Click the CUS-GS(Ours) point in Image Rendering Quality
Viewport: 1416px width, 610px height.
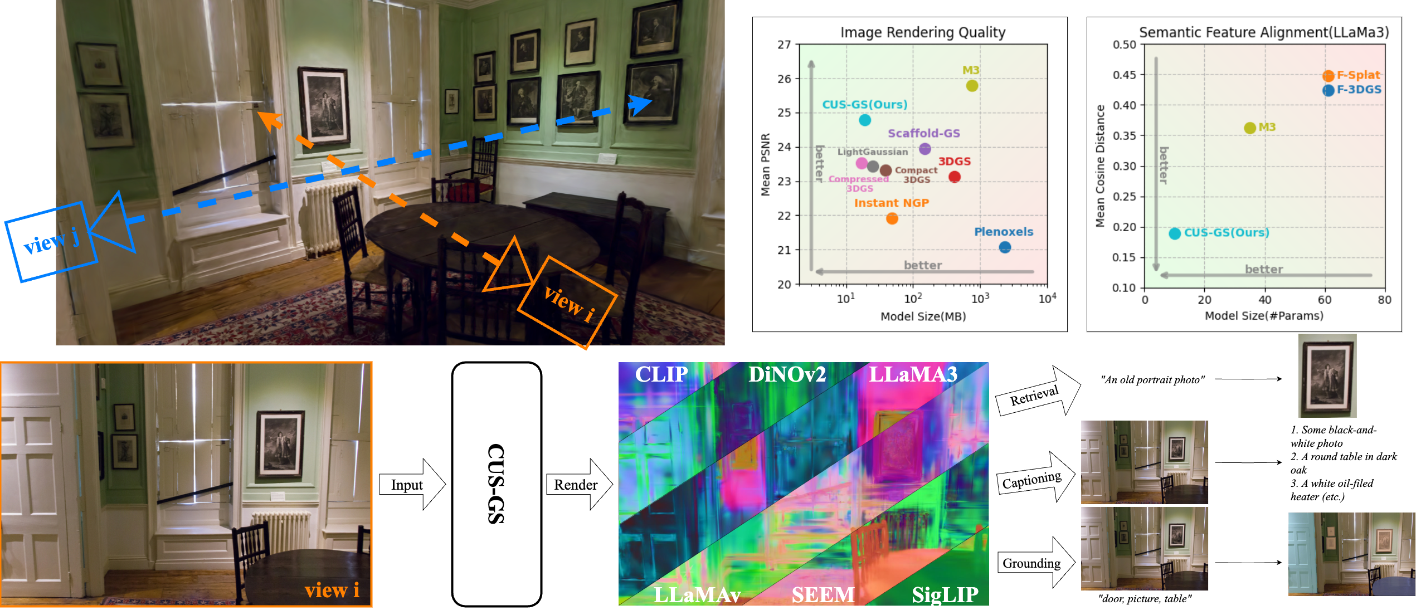(x=864, y=120)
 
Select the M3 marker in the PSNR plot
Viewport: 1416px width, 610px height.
(x=972, y=85)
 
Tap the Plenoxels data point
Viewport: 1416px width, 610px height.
(x=1005, y=247)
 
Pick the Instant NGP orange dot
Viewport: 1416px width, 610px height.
(x=892, y=218)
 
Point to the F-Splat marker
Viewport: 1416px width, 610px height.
(x=1328, y=76)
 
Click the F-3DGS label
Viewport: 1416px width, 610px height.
(x=1359, y=89)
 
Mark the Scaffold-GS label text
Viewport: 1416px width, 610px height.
(x=923, y=133)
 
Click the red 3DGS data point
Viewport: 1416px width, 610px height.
(x=954, y=177)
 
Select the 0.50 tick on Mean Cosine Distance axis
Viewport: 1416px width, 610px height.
(x=1124, y=45)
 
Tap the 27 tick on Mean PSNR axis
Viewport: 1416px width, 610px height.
(x=784, y=45)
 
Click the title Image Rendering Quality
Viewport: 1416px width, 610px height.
(x=923, y=32)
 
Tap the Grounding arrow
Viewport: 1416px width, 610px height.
(x=1034, y=563)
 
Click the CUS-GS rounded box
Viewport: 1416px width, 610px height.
(x=496, y=484)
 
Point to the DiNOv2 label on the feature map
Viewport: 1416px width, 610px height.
(x=786, y=374)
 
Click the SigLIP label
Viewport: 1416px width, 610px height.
(x=945, y=594)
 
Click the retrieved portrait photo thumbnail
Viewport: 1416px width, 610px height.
(x=1327, y=375)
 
